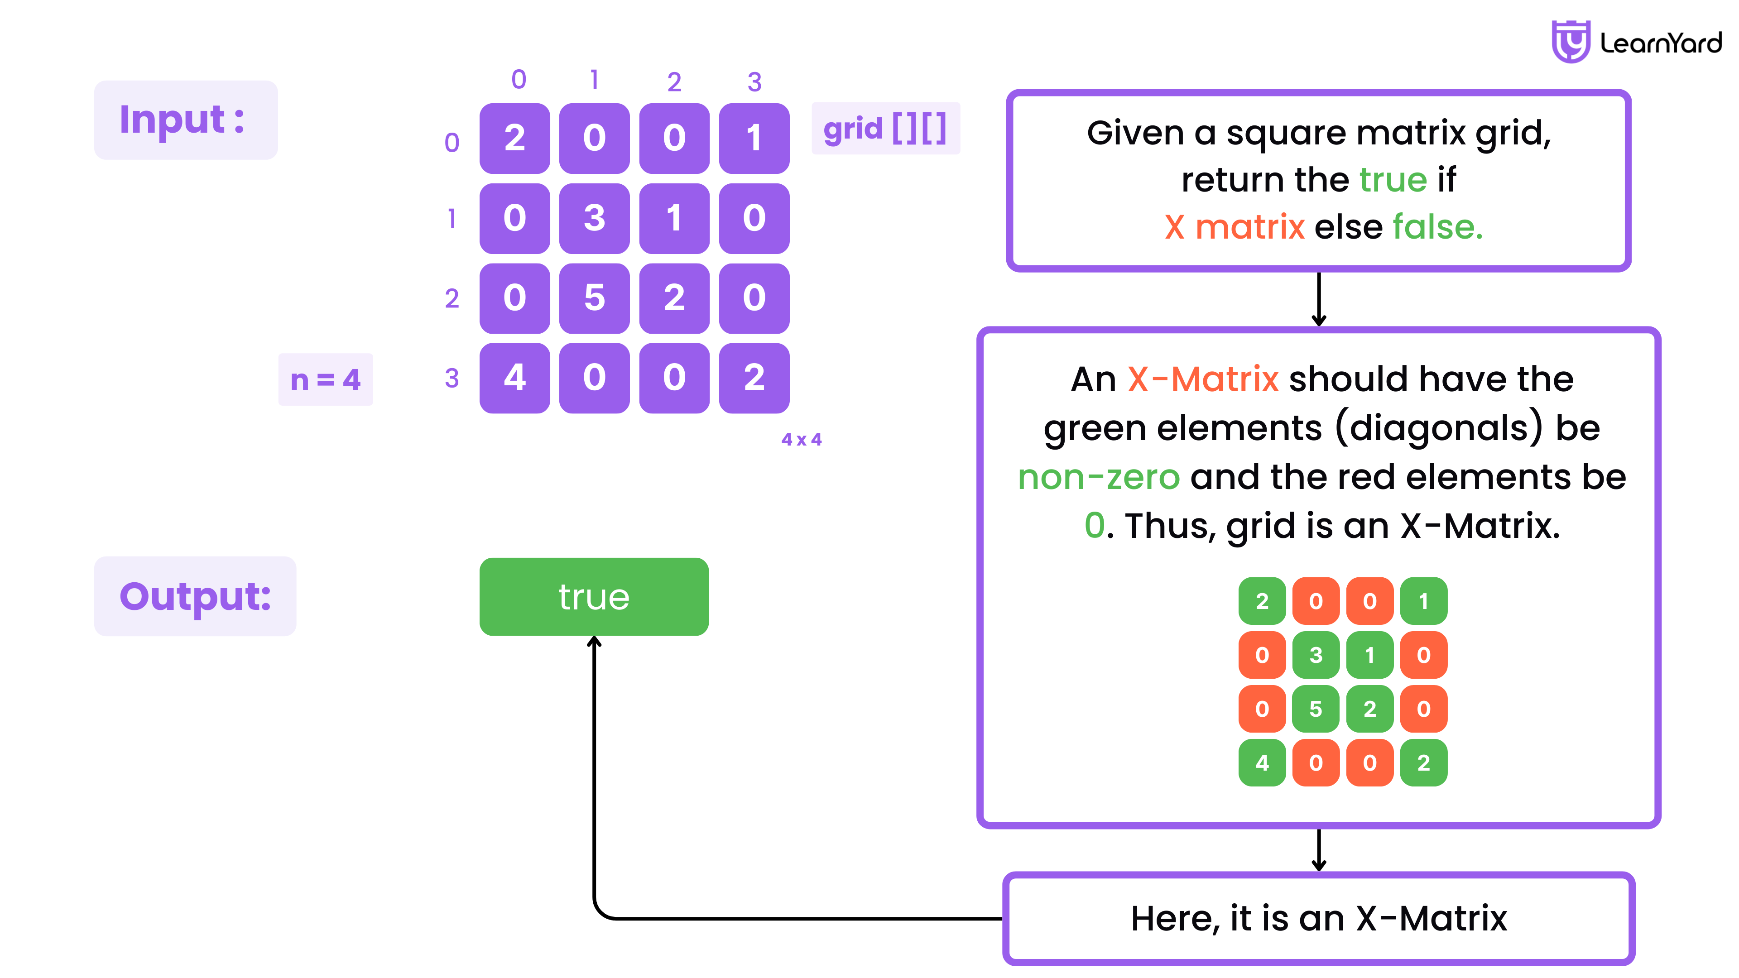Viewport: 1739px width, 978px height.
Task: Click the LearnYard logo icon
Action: (1570, 42)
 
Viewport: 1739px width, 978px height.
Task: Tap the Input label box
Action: (186, 120)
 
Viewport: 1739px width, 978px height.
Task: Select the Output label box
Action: (195, 596)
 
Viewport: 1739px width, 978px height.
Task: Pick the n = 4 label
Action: (326, 379)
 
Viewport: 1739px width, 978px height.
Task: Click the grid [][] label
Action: (885, 128)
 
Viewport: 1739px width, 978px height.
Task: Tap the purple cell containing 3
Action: (594, 218)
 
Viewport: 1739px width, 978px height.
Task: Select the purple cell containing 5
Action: (594, 297)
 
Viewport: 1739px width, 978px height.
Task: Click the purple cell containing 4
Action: (514, 377)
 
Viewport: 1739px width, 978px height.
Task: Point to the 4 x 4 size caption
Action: (801, 439)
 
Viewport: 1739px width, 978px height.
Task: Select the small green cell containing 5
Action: (1315, 709)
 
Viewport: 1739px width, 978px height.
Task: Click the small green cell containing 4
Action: (1261, 762)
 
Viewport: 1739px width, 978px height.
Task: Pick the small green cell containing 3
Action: (1315, 655)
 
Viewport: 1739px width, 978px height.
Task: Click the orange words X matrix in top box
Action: (1234, 227)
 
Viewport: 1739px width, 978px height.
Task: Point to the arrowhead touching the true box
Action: (594, 641)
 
